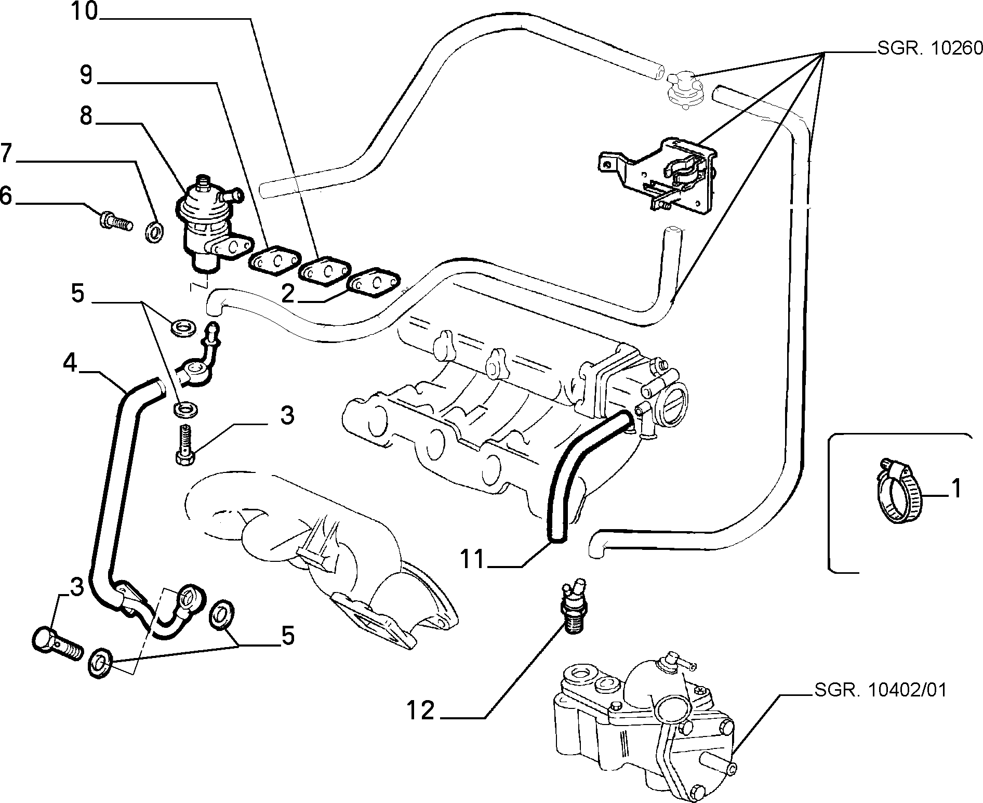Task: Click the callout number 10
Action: pos(85,11)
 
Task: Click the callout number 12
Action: pos(420,710)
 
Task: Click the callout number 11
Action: pos(473,560)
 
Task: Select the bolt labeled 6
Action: pos(115,222)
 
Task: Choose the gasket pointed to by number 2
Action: pos(374,283)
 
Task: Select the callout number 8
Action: pos(86,117)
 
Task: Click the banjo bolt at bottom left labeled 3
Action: pos(57,645)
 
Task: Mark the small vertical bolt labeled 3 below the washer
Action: pos(185,445)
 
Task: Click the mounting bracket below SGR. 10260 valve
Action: pos(659,173)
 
